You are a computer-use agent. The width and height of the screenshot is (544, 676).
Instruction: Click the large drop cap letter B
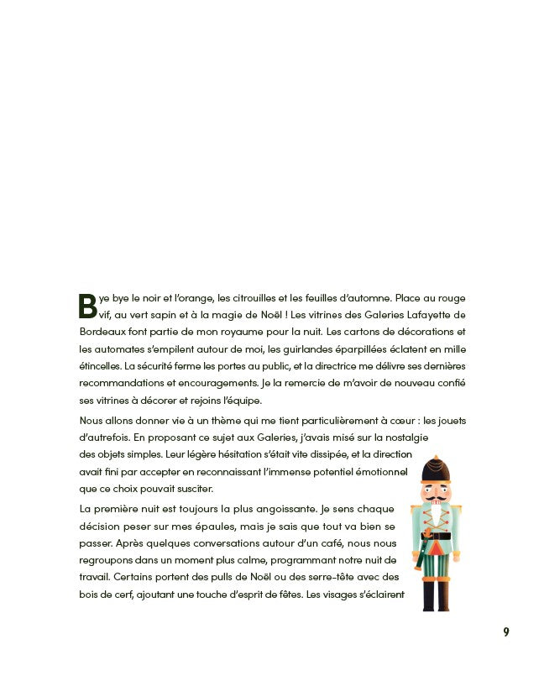coord(88,306)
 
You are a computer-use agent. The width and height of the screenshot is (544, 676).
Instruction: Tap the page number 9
coord(506,632)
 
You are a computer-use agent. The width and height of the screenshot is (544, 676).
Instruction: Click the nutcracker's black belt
coord(436,536)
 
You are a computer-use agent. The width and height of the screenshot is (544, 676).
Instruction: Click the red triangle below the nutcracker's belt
coord(436,549)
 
